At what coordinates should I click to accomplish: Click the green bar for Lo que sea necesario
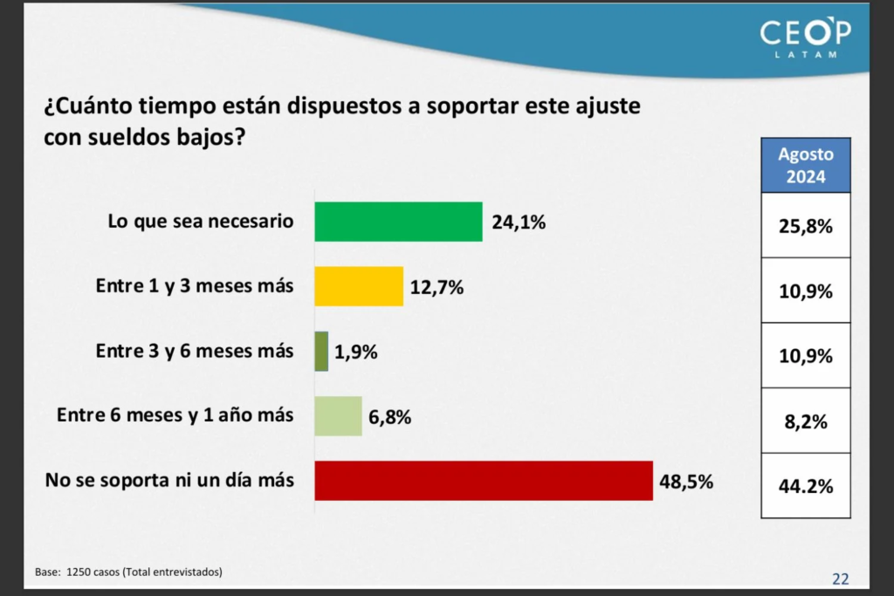(x=398, y=222)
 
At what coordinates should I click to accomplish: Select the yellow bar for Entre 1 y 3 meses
(x=359, y=286)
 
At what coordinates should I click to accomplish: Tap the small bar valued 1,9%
(x=321, y=352)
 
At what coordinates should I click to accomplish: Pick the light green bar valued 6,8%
(x=338, y=416)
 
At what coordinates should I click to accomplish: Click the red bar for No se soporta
(x=484, y=481)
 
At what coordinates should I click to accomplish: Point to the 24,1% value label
(x=519, y=223)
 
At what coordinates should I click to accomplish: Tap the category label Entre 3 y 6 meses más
(x=195, y=352)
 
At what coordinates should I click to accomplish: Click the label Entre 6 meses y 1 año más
(x=175, y=416)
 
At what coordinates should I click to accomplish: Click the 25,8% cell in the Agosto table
(x=806, y=226)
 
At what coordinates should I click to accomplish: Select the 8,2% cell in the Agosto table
(x=806, y=421)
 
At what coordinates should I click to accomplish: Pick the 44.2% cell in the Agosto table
(x=806, y=486)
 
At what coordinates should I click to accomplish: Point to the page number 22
(x=840, y=578)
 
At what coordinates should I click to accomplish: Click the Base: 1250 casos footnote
(x=128, y=572)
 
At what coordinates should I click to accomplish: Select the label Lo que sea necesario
(x=200, y=222)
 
